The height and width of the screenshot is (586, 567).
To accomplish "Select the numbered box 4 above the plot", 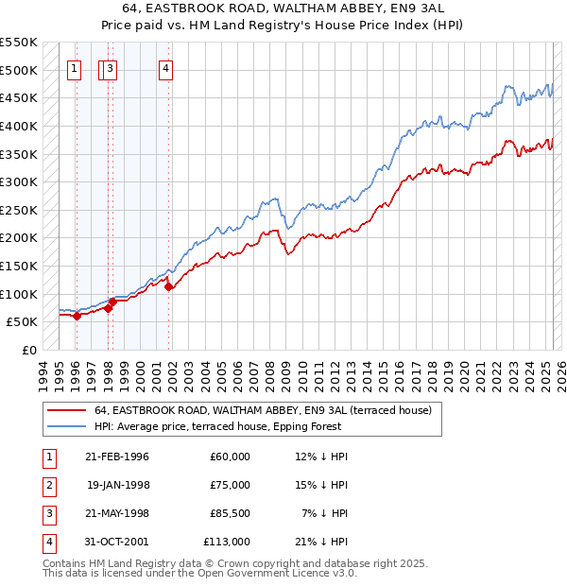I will click(165, 67).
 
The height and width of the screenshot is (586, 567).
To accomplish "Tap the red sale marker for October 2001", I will click(168, 286).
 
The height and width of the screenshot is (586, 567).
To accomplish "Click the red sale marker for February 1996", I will click(77, 316).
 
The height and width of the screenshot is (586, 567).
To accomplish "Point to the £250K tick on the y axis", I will click(19, 210).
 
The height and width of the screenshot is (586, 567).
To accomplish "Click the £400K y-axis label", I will click(19, 126).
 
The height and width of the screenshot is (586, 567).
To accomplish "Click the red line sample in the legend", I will click(66, 410).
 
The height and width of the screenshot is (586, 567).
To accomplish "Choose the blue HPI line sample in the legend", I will click(66, 426).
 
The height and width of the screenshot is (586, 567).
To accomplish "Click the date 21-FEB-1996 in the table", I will click(117, 457).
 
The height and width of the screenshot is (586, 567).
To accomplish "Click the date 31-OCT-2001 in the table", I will click(117, 542).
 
